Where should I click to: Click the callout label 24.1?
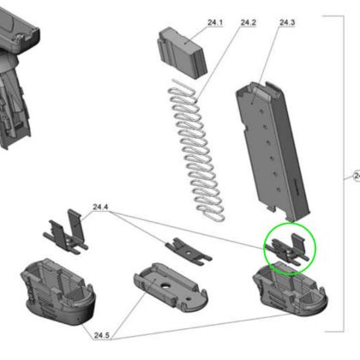point(215,22)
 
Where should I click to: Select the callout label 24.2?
point(248,22)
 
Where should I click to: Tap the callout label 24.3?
point(287,22)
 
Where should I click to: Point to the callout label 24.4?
point(100,207)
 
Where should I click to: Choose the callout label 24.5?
point(102,335)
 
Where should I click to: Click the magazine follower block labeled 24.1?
point(183,53)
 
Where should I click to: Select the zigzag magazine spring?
point(196,150)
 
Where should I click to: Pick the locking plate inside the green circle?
point(287,250)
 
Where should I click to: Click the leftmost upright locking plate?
point(66,234)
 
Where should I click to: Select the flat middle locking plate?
point(189,251)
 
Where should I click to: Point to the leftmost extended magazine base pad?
point(58,291)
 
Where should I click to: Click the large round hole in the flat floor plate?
point(165,285)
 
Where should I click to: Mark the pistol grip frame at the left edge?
point(15,75)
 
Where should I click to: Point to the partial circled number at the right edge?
point(357,175)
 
